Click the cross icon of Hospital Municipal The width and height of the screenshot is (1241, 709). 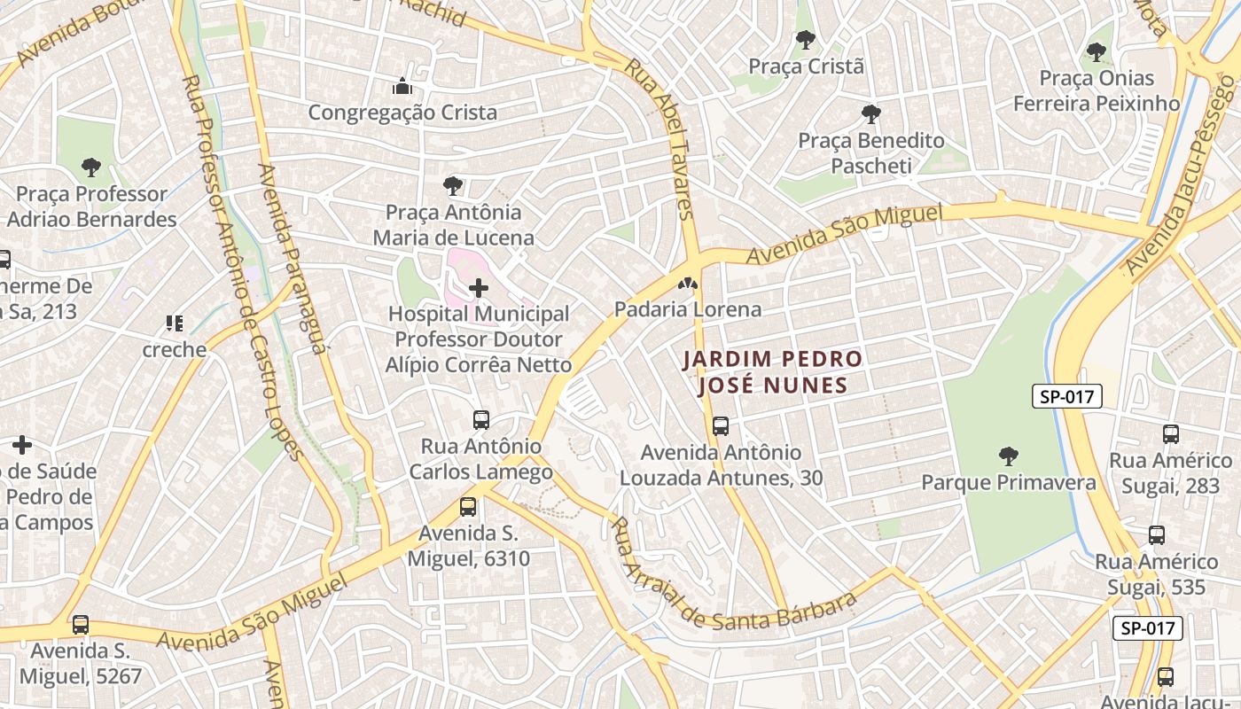tap(479, 288)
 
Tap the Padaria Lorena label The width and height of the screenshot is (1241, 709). tap(688, 309)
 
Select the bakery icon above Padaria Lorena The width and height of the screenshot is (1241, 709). tap(686, 284)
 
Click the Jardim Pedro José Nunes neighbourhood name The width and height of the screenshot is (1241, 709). tap(772, 372)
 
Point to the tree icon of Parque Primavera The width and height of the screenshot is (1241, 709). tap(1008, 456)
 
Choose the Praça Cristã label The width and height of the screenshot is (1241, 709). tap(806, 66)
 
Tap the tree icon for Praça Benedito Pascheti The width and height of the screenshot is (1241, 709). tap(871, 114)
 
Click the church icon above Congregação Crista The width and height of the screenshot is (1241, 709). tap(402, 87)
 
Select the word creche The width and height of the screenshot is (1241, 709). tap(175, 349)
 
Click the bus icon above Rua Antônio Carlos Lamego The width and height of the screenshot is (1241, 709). tap(481, 420)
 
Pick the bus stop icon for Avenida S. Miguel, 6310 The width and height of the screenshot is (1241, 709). tap(468, 507)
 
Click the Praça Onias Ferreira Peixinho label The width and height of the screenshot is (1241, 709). tap(1097, 90)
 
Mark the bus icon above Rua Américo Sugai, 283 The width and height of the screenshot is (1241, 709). tap(1171, 434)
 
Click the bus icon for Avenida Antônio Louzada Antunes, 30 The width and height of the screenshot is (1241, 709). tap(721, 426)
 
